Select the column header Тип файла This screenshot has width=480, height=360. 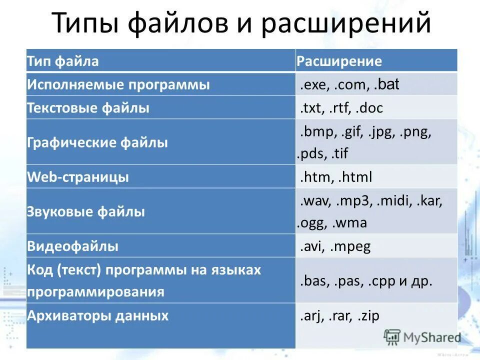(62, 61)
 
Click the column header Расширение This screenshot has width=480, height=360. (339, 61)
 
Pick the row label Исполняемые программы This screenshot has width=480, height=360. (118, 84)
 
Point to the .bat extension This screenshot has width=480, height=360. (386, 84)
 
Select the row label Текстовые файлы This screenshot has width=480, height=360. (88, 108)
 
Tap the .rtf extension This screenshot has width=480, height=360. (340, 108)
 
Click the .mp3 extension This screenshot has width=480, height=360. (354, 201)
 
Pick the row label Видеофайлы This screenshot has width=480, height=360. (72, 246)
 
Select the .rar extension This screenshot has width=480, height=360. (340, 316)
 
